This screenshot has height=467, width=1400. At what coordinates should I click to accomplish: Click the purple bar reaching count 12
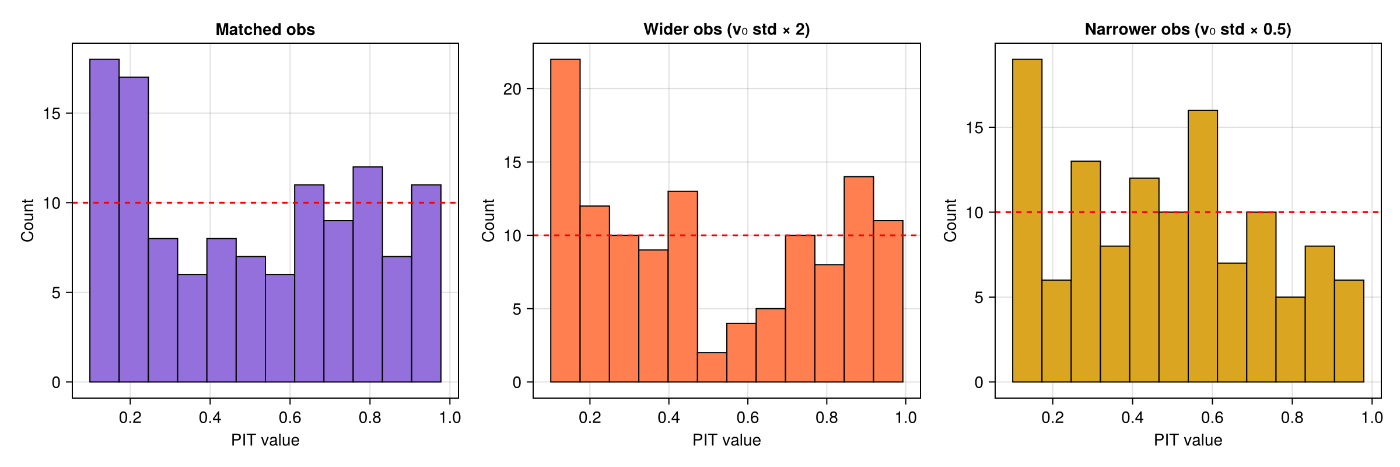tap(367, 274)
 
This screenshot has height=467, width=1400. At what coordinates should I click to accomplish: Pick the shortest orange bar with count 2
tap(712, 367)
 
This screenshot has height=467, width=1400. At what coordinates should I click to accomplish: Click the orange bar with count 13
tap(682, 287)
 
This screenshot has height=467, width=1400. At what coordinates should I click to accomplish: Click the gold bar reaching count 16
tap(1203, 246)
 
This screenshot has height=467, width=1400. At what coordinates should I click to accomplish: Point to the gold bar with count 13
tap(1086, 271)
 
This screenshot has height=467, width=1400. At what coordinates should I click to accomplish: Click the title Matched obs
tap(265, 30)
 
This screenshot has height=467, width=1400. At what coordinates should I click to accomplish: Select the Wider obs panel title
tap(726, 30)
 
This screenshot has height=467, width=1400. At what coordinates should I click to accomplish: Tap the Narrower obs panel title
tap(1188, 30)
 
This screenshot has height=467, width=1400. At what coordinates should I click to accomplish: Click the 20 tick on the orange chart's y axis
tap(512, 89)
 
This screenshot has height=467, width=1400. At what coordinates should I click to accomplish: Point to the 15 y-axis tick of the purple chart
tap(51, 113)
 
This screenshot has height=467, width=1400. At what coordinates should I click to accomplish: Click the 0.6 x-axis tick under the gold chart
tap(1212, 417)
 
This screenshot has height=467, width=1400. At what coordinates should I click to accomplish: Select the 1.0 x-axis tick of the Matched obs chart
tap(450, 417)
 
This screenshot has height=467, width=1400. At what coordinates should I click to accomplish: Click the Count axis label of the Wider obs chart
tap(488, 220)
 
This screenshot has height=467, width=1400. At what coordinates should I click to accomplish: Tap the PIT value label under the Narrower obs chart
tap(1188, 440)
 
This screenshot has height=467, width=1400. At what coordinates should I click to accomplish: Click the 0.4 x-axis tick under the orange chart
tap(668, 417)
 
